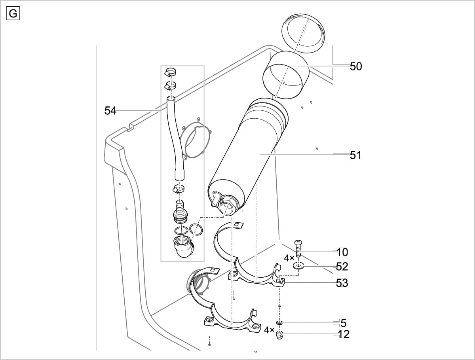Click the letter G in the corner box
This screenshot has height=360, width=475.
pyautogui.click(x=13, y=13)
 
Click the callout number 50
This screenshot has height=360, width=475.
pyautogui.click(x=355, y=66)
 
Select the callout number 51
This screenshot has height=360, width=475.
pyautogui.click(x=355, y=155)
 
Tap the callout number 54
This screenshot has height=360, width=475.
pyautogui.click(x=110, y=111)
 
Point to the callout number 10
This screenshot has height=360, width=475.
pyautogui.click(x=342, y=252)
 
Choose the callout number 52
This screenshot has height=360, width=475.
pyautogui.click(x=342, y=267)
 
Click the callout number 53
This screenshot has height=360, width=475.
pyautogui.click(x=342, y=283)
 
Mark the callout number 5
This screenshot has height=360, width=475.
pyautogui.click(x=343, y=323)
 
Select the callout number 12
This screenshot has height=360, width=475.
pyautogui.click(x=344, y=334)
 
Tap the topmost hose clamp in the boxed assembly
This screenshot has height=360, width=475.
pyautogui.click(x=171, y=72)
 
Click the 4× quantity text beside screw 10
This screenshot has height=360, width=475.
pyautogui.click(x=289, y=258)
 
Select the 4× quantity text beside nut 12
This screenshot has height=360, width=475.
pyautogui.click(x=269, y=330)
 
